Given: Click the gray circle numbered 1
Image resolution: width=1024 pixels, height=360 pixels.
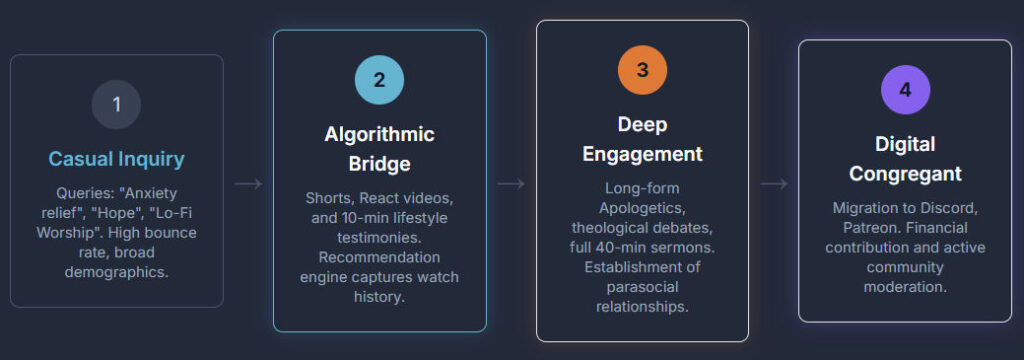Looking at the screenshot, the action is click(x=116, y=104).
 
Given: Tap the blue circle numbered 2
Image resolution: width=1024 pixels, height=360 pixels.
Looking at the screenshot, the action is click(x=379, y=80).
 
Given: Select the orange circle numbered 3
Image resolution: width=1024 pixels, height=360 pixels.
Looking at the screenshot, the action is click(x=642, y=70).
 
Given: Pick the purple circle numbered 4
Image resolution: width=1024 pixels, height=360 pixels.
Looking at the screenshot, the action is click(x=905, y=90).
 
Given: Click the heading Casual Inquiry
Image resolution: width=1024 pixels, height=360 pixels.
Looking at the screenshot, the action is click(x=116, y=159).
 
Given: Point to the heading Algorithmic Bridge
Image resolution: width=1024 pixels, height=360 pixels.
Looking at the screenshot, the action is click(x=379, y=149).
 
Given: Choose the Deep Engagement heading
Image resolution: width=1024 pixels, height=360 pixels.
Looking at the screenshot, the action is click(x=642, y=139).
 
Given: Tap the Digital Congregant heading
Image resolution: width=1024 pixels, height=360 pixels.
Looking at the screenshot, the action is click(x=905, y=159).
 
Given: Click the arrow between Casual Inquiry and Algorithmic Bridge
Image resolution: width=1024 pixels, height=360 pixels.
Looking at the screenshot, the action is click(x=248, y=183).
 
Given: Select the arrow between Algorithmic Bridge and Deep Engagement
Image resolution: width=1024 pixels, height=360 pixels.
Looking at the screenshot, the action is click(x=511, y=183).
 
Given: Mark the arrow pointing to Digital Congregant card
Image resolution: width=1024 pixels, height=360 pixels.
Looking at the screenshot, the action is click(x=774, y=183).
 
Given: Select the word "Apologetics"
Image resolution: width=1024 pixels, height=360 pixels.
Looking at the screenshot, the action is click(x=642, y=206).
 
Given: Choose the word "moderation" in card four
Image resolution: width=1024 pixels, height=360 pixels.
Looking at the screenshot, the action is click(x=905, y=287).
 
